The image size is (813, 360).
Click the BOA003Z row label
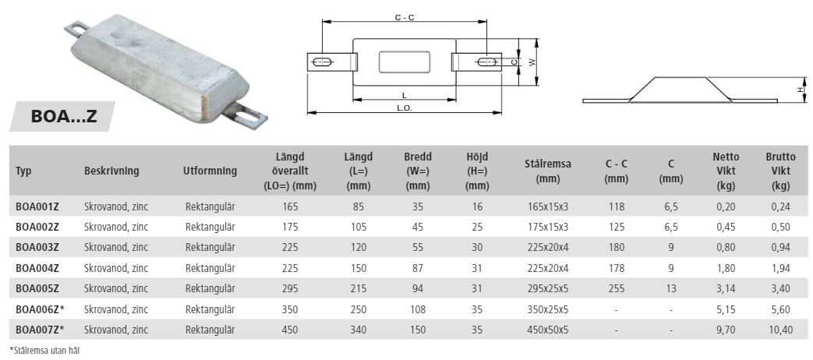(x=37, y=248)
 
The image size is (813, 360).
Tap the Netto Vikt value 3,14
(x=726, y=288)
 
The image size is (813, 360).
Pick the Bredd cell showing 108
(x=417, y=309)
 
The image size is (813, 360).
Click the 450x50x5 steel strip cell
(x=547, y=330)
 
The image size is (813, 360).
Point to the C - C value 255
(x=617, y=288)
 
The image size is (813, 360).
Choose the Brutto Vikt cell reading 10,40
(x=780, y=330)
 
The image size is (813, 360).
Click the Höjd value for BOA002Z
(x=477, y=227)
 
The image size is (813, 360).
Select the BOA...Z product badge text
(x=64, y=116)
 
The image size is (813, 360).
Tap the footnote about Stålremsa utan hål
(x=44, y=351)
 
